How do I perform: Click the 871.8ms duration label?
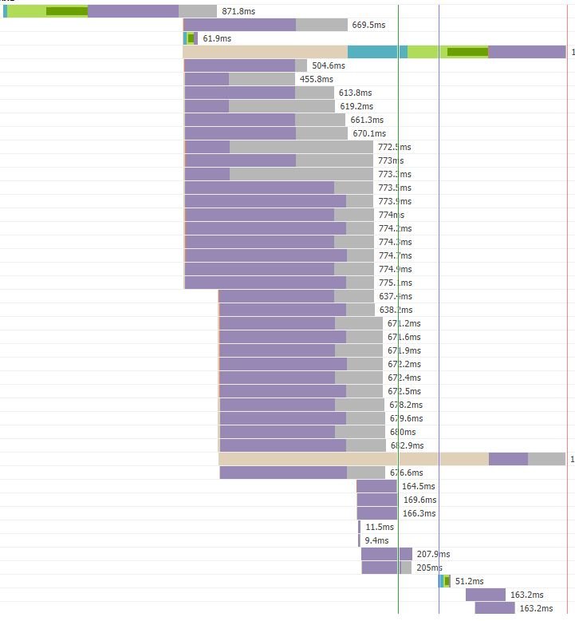[238, 11]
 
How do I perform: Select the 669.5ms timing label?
[368, 25]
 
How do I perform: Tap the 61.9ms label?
[217, 38]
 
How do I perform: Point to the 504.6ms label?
[329, 65]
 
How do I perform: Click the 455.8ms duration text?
[316, 79]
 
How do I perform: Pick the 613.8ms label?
[355, 93]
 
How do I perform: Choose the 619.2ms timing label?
[356, 106]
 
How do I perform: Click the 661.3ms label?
[367, 120]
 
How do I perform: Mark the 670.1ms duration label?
[369, 133]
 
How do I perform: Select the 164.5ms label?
[419, 486]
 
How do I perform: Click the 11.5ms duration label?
[380, 527]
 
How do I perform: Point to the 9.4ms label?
[376, 540]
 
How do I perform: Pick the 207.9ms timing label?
[433, 554]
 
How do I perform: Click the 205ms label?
[429, 568]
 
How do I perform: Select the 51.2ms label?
[469, 581]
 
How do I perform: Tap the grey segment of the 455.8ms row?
[262, 79]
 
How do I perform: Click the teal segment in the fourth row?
[377, 52]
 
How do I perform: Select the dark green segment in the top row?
[66, 11]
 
